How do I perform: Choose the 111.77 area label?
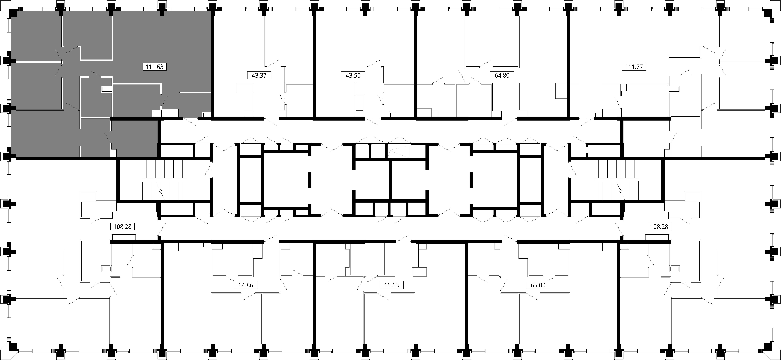pyautogui.click(x=634, y=67)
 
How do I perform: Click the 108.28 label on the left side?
pyautogui.click(x=122, y=227)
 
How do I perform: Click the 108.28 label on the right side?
pyautogui.click(x=659, y=227)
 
